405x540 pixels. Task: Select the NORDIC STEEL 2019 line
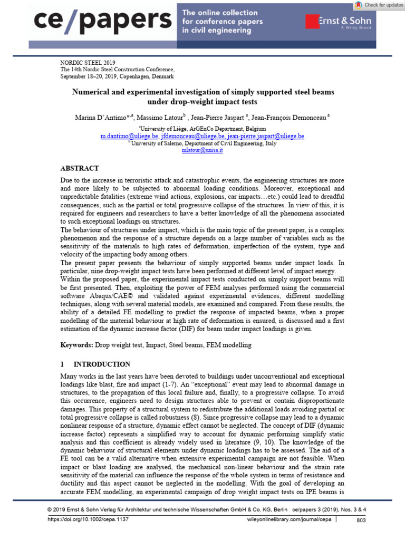point(88,62)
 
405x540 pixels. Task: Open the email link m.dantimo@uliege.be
point(129,136)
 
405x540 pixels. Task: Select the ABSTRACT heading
point(80,168)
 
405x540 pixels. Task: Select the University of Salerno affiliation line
point(202,142)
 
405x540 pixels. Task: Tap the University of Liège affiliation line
point(202,128)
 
